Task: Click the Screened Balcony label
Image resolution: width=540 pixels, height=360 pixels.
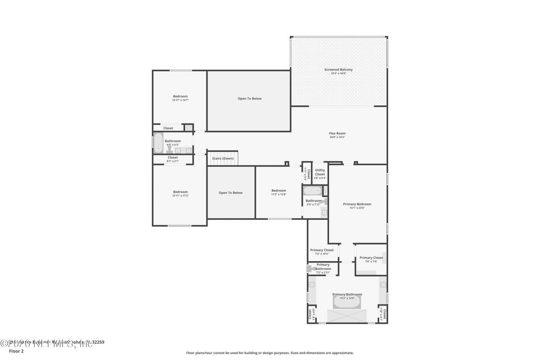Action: (338, 70)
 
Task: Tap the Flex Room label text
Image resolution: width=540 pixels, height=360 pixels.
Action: (337, 133)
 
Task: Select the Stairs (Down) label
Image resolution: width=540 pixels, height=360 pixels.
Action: (223, 158)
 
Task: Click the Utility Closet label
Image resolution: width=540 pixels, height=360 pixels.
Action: (320, 172)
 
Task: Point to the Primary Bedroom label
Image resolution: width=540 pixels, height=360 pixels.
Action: (357, 204)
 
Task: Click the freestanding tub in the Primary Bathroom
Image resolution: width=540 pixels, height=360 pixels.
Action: (347, 302)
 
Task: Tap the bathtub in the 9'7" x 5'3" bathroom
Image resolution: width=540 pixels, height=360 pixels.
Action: (158, 143)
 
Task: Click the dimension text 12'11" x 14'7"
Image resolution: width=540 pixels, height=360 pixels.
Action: (180, 100)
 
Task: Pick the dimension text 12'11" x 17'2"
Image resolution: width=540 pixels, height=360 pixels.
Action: (180, 196)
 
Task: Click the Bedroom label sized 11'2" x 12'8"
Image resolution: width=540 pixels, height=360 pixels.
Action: (278, 190)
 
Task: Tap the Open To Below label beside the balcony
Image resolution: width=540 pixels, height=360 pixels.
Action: (249, 99)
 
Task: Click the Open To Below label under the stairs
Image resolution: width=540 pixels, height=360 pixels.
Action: (230, 193)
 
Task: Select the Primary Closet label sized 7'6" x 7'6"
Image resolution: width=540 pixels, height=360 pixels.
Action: (371, 257)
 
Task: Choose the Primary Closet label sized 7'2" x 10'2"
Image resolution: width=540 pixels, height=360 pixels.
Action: (322, 250)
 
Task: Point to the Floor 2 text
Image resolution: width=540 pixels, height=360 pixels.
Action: (16, 351)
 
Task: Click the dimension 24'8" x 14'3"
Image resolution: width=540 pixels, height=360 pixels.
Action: (337, 137)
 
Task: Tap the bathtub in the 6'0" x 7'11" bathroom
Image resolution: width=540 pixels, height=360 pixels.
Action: (313, 191)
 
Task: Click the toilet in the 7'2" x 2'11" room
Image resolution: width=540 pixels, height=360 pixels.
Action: (311, 267)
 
